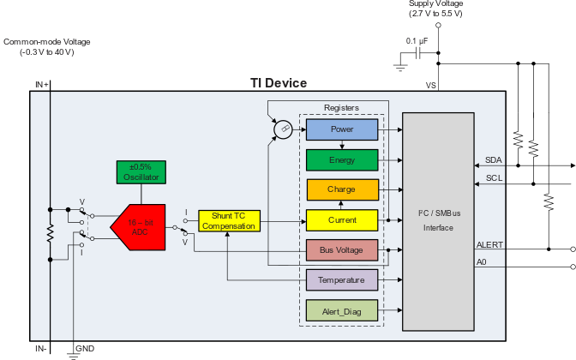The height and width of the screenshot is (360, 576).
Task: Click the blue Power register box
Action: click(x=342, y=129)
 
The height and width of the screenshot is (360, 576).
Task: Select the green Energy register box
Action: click(x=342, y=159)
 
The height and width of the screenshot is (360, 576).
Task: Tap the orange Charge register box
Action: click(x=342, y=189)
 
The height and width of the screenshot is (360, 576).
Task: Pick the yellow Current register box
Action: click(x=342, y=220)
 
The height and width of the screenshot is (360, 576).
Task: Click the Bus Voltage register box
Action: click(x=342, y=250)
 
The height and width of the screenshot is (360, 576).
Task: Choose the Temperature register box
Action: click(x=342, y=280)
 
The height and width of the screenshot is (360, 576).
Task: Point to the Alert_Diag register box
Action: click(x=342, y=310)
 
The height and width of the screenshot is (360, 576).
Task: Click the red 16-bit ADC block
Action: click(x=137, y=226)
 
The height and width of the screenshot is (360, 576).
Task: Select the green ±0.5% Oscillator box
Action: click(x=142, y=171)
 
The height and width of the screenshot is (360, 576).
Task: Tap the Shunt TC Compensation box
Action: click(x=229, y=220)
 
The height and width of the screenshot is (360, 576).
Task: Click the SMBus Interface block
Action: click(x=437, y=221)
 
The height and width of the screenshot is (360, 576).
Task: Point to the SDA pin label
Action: click(x=494, y=160)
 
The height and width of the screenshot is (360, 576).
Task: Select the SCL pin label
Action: click(x=494, y=178)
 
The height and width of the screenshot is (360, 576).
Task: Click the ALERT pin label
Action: click(x=490, y=245)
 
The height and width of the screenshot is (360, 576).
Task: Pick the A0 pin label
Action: click(x=483, y=262)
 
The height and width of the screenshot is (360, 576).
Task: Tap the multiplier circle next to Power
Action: click(x=282, y=130)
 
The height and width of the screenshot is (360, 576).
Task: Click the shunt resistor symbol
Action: click(x=51, y=232)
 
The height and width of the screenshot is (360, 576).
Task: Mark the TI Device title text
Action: click(x=278, y=83)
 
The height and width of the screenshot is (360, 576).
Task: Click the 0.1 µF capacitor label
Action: click(x=418, y=41)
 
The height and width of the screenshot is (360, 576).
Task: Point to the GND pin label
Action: click(x=85, y=349)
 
